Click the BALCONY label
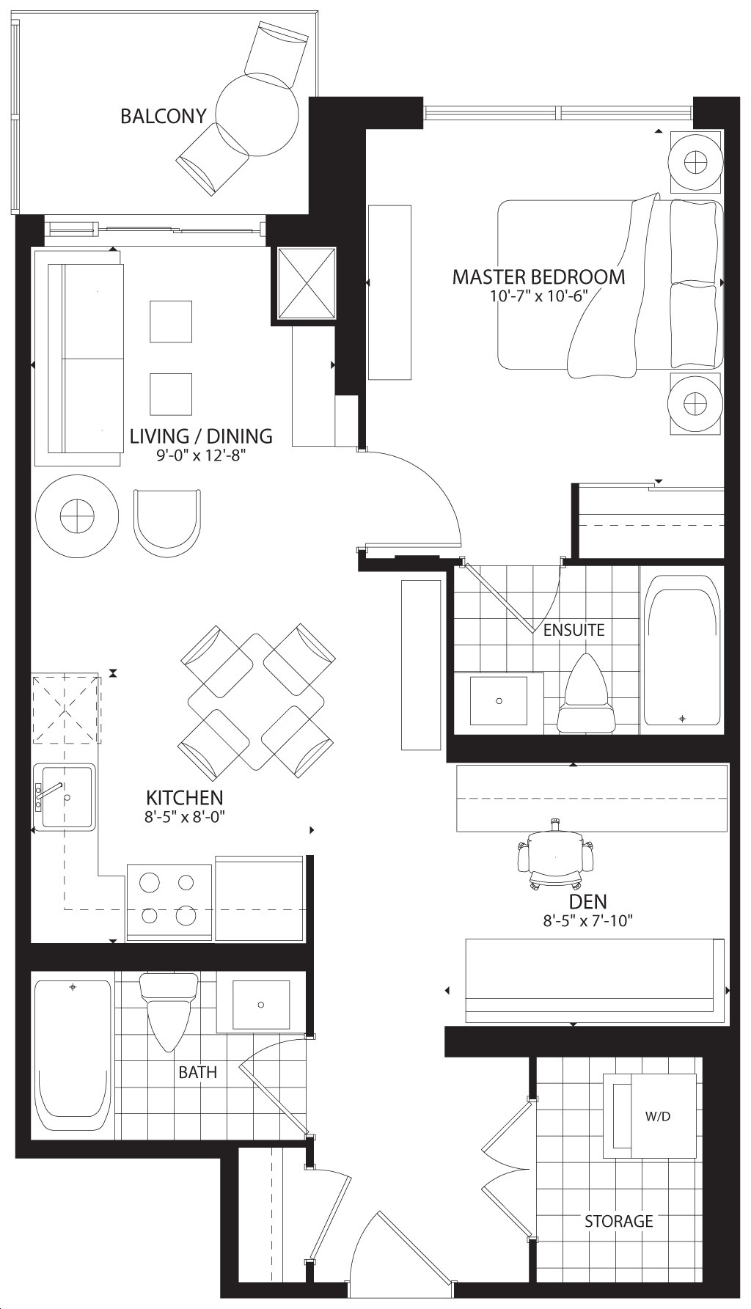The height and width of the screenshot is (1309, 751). (x=163, y=116)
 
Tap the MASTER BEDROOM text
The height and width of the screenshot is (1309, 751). (x=538, y=277)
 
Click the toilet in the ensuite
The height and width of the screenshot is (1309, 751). (x=586, y=693)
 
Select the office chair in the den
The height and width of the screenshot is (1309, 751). (x=555, y=855)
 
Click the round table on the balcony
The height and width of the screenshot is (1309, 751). (x=258, y=114)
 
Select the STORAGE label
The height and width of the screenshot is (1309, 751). (x=618, y=1221)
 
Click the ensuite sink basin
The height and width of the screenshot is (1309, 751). (x=499, y=701)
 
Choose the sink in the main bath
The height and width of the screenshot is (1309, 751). (x=260, y=1004)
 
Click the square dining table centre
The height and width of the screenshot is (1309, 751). (x=255, y=702)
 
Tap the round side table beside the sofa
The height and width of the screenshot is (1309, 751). (x=77, y=516)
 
